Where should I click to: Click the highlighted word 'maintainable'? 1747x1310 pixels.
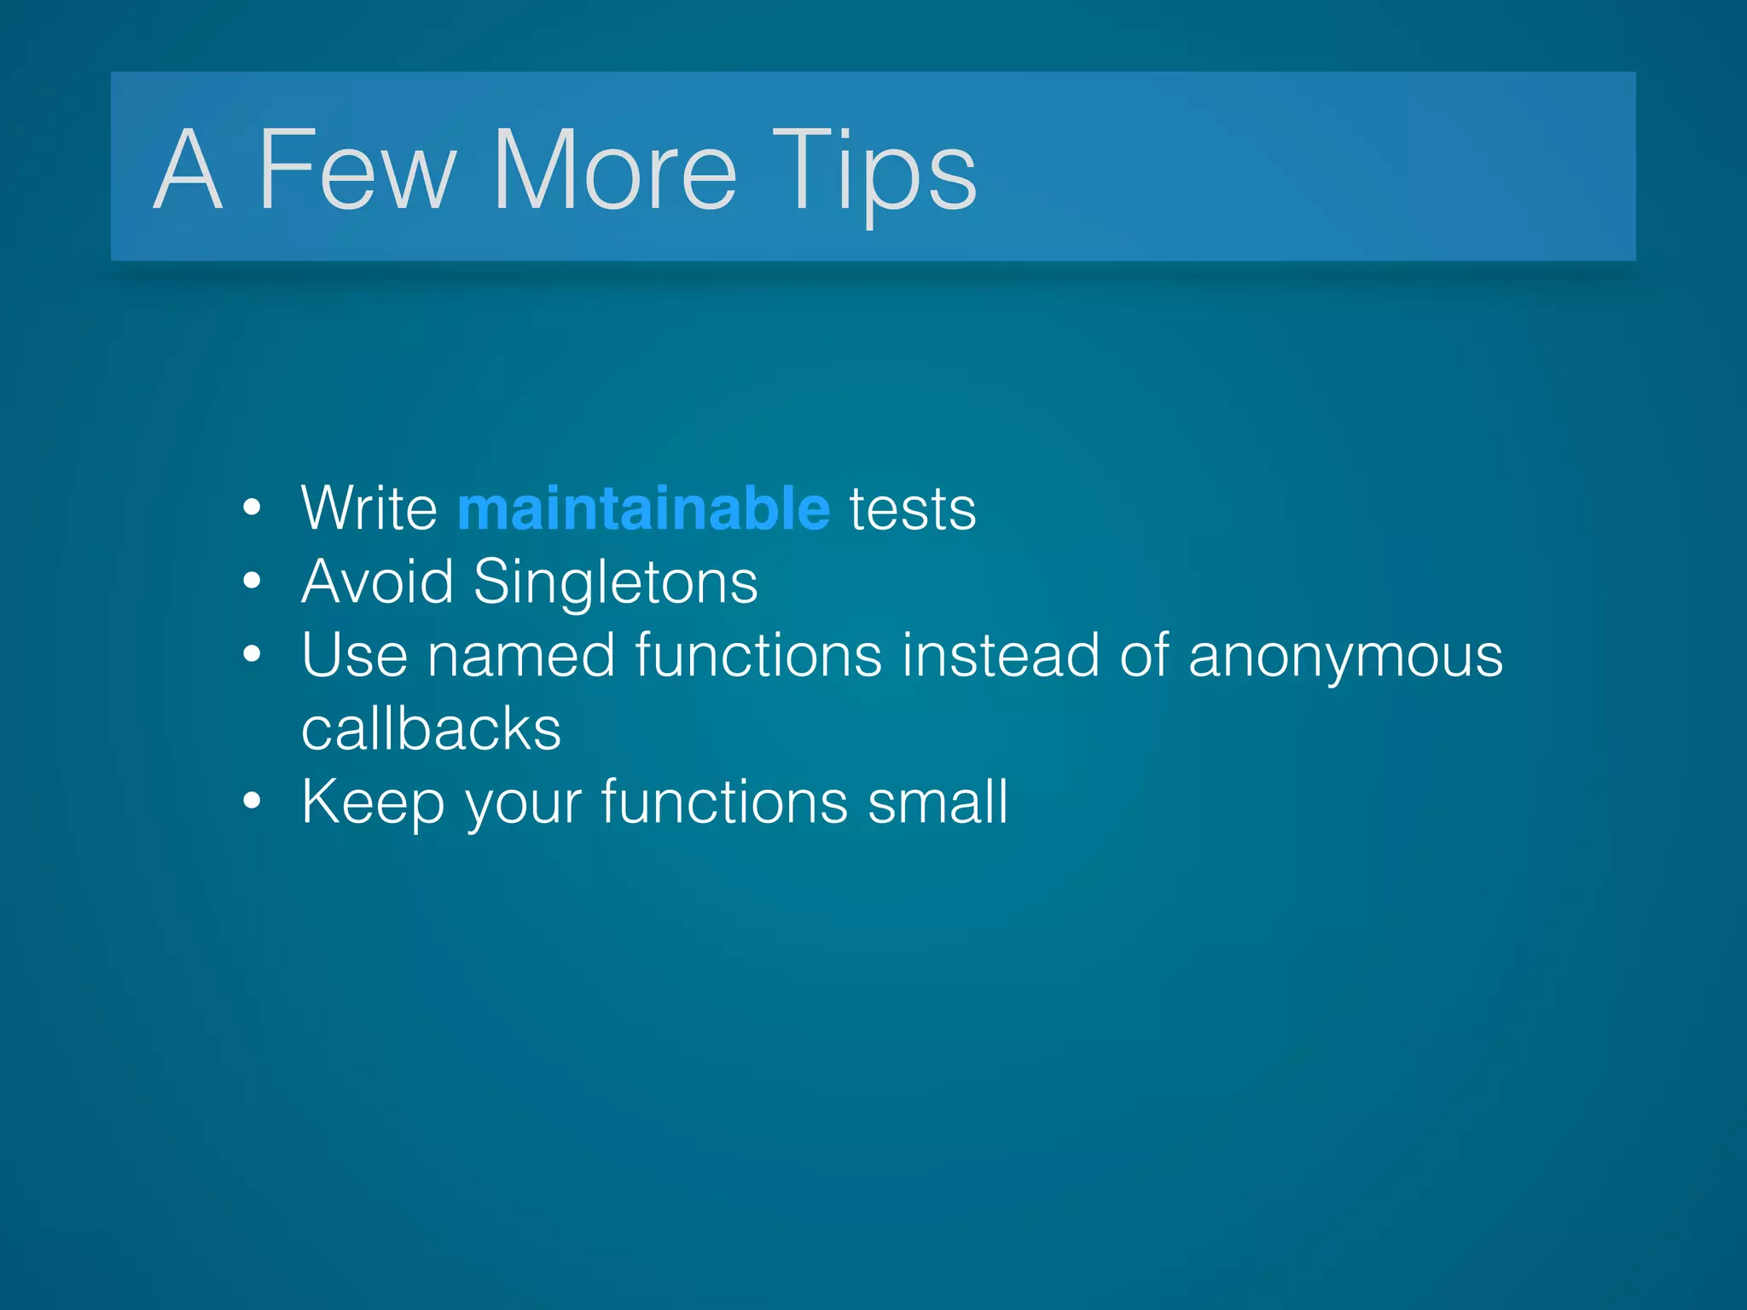643,508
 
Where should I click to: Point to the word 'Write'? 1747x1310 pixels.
369,508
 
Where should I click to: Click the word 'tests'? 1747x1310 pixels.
912,510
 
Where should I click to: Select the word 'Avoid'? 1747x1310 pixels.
377,582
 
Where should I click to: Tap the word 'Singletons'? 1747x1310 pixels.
615,583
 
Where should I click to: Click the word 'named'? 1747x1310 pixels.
520,656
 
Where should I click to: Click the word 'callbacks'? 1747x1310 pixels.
431,729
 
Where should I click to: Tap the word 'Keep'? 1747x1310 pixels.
373,803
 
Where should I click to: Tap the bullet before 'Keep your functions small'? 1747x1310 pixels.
251,802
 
